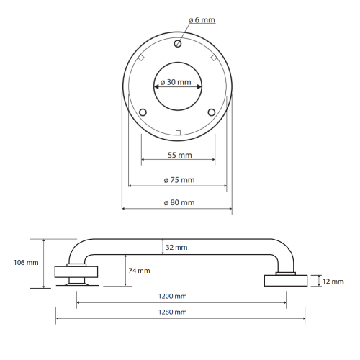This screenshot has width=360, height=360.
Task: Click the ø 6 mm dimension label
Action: click(202, 20)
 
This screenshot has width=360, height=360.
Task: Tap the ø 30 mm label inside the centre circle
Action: click(176, 82)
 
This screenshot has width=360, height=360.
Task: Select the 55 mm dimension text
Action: click(180, 155)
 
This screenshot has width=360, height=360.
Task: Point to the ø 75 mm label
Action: click(179, 180)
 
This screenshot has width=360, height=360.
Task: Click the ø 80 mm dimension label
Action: click(179, 202)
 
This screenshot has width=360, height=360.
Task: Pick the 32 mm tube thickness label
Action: click(176, 248)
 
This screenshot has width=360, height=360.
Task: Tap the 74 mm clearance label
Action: click(139, 271)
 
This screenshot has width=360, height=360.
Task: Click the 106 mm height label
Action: click(26, 263)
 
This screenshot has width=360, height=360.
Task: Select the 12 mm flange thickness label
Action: click(333, 282)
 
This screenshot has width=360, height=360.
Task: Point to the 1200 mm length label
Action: click(172, 296)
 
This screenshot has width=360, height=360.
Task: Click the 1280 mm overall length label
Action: click(172, 312)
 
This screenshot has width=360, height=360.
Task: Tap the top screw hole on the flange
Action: click(178, 44)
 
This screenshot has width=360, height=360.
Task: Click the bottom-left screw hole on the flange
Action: click(143, 112)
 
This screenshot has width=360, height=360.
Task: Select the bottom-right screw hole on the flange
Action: click(212, 112)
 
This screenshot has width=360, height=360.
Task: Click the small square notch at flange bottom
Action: click(178, 132)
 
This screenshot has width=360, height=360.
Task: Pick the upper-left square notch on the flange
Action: click(141, 58)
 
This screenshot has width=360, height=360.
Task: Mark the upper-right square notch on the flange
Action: click(214, 58)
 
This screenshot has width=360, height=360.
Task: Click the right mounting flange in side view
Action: click(286, 281)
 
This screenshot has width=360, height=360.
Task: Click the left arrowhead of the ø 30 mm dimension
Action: click(156, 86)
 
